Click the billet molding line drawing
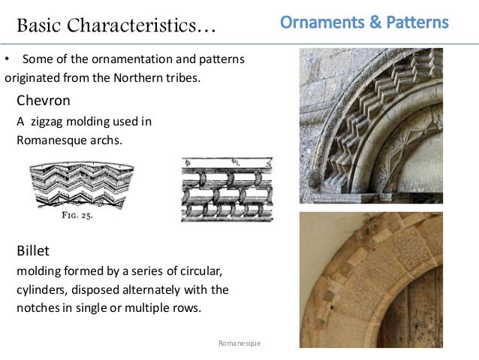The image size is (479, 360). pyautogui.click(x=227, y=189)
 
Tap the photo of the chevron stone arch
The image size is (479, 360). pyautogui.click(x=371, y=126)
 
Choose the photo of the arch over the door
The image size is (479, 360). pyautogui.click(x=371, y=279)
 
